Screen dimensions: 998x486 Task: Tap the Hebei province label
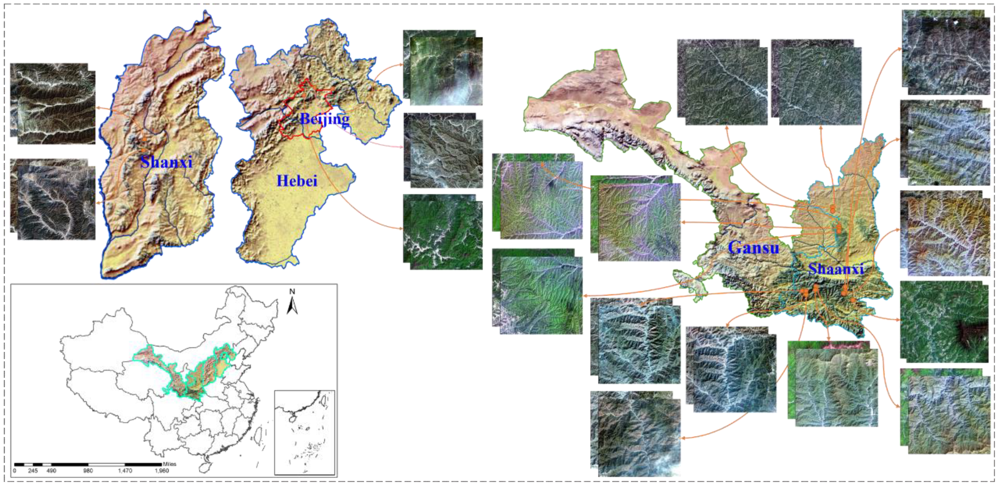297,181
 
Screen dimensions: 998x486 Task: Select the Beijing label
325,118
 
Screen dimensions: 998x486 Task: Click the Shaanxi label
836,269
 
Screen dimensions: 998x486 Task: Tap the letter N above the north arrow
292,291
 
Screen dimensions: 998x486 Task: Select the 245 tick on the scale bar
33,470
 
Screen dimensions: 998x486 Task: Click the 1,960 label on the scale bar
162,470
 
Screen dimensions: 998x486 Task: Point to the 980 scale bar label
88,470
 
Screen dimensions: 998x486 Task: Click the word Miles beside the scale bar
170,464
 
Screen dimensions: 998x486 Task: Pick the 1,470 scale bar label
125,470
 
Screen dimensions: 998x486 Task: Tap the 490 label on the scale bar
51,470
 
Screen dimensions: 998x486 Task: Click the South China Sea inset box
305,432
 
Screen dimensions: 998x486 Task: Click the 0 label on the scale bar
15,470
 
